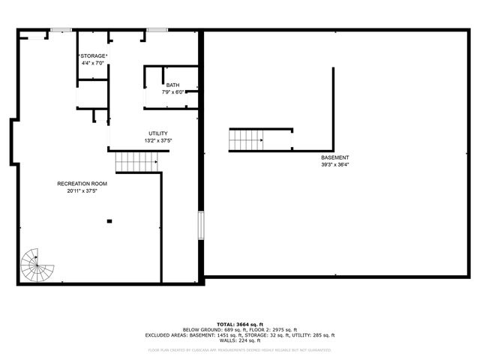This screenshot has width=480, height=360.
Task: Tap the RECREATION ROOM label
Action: point(82,184)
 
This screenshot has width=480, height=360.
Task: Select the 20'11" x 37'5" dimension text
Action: point(82,190)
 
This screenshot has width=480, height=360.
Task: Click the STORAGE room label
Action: point(94,56)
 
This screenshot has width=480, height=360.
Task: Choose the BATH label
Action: point(173,85)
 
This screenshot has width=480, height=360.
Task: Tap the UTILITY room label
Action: point(158,133)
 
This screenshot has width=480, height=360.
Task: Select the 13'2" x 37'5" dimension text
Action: point(158,140)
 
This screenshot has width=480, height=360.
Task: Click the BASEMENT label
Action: point(334,157)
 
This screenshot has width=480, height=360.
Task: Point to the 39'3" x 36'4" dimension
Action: point(334,164)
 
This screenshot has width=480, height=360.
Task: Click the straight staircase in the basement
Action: point(247,140)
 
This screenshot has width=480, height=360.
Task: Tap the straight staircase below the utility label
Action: point(135,162)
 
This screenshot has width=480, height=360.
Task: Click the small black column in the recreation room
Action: point(109,220)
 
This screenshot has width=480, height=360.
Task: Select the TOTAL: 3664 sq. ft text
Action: point(239,323)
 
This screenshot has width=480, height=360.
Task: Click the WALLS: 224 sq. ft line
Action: point(239,340)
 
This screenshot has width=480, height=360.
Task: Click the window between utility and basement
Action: point(201,226)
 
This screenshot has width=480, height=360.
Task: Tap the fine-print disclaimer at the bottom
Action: point(239,349)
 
